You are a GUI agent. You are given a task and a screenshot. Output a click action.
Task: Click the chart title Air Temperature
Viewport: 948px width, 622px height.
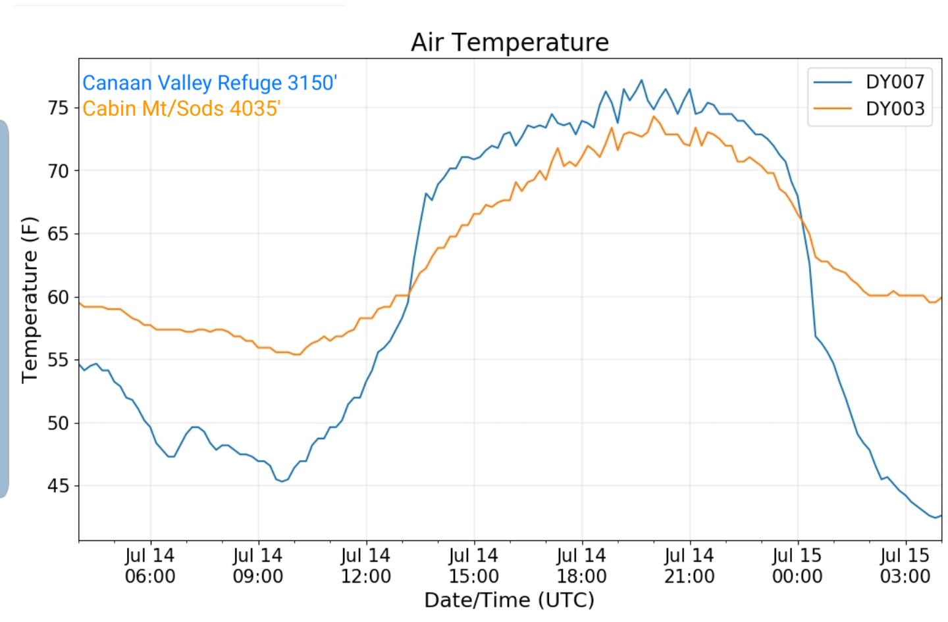click(x=510, y=42)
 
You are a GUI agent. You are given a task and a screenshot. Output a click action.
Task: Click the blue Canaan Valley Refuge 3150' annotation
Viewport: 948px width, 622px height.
click(x=209, y=83)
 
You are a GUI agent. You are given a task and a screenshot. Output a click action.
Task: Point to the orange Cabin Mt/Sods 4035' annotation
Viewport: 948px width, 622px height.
click(x=181, y=108)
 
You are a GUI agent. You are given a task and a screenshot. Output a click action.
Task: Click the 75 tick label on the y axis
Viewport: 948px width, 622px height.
click(x=59, y=108)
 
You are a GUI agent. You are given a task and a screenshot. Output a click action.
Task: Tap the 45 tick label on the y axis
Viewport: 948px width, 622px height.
click(x=59, y=486)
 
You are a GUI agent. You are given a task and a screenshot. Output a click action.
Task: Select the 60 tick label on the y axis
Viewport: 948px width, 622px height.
click(x=59, y=297)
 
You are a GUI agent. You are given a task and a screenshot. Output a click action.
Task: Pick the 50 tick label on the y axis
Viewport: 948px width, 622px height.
click(x=59, y=423)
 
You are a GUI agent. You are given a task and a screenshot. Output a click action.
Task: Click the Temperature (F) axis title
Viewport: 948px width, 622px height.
click(x=30, y=300)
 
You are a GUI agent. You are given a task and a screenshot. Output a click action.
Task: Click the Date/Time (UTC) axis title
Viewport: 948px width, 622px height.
click(x=510, y=600)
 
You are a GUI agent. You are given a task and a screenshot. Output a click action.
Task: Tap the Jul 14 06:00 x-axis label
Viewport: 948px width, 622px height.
click(x=150, y=566)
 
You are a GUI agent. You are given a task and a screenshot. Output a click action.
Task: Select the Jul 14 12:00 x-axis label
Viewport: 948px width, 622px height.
click(x=366, y=566)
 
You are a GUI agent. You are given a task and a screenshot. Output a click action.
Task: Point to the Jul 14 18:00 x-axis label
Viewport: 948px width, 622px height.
click(x=582, y=566)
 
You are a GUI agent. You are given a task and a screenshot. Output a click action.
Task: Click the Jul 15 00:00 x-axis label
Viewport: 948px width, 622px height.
click(x=798, y=566)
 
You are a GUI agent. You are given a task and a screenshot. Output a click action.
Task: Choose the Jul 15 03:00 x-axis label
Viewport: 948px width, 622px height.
click(x=906, y=566)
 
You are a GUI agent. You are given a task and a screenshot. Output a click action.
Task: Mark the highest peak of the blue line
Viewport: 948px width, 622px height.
click(x=642, y=80)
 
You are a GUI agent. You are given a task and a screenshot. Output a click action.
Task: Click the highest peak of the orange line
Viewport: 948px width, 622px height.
click(x=654, y=116)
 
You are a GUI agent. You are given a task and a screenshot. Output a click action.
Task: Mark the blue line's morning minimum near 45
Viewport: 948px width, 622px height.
click(x=282, y=482)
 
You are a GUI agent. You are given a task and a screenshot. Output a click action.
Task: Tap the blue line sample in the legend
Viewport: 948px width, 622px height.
click(x=832, y=82)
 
